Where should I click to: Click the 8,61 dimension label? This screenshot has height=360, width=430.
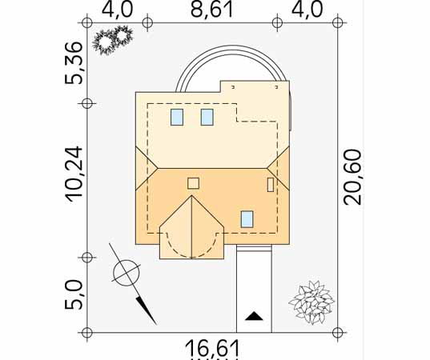pyautogui.click(x=211, y=10)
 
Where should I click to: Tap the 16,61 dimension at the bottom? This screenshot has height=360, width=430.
pyautogui.click(x=212, y=348)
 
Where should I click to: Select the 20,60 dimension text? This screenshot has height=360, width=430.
pyautogui.click(x=353, y=177)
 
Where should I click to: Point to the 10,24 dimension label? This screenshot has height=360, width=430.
pyautogui.click(x=74, y=174)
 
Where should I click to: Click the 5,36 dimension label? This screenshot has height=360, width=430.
pyautogui.click(x=74, y=63)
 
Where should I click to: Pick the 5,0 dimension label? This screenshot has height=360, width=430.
pyautogui.click(x=74, y=294)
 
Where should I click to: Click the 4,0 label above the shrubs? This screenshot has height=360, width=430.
pyautogui.click(x=118, y=10)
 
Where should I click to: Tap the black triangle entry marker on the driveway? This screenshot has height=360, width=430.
pyautogui.click(x=254, y=316)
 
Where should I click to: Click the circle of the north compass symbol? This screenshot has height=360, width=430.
pyautogui.click(x=127, y=273)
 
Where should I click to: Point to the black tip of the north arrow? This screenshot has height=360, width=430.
pyautogui.click(x=156, y=325)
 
